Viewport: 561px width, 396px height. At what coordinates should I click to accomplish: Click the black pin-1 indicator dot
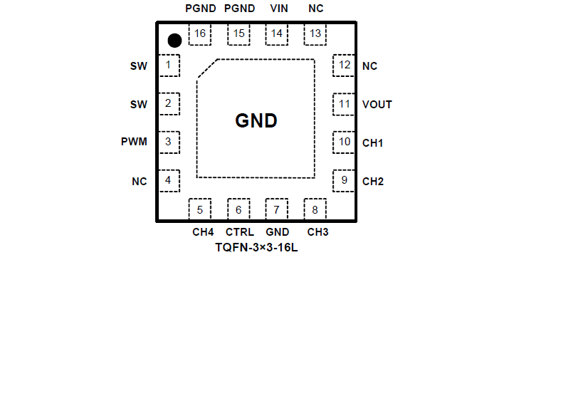pos(174,40)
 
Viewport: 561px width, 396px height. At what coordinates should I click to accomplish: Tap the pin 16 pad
pos(199,33)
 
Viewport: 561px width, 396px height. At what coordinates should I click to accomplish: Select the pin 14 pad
pos(276,33)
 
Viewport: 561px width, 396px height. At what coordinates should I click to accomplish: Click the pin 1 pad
pos(168,66)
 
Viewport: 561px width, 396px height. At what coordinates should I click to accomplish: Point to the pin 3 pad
pos(168,142)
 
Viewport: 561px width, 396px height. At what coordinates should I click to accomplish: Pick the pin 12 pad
pos(345,66)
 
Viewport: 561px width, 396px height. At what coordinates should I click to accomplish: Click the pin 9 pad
pos(345,180)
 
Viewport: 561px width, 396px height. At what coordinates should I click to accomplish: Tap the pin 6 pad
pos(238,209)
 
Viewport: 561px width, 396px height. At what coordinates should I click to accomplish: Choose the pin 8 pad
pos(315,209)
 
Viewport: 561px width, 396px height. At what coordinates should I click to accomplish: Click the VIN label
pos(279,9)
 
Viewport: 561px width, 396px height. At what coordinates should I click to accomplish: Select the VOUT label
pos(377,105)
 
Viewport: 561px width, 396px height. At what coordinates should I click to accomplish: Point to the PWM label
pos(134,142)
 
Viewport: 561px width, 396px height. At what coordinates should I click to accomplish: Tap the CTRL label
pos(240,232)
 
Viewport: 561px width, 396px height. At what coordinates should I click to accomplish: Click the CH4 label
pos(203,232)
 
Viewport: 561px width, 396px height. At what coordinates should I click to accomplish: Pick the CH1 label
pos(373,143)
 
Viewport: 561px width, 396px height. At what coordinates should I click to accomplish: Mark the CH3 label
pos(318,232)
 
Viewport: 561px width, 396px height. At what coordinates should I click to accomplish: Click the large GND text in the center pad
pos(256,121)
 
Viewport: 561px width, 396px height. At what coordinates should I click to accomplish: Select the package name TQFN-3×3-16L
pos(256,248)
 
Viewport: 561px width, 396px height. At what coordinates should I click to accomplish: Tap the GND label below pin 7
pos(278,232)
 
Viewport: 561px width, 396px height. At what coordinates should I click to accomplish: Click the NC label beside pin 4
pos(139,182)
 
